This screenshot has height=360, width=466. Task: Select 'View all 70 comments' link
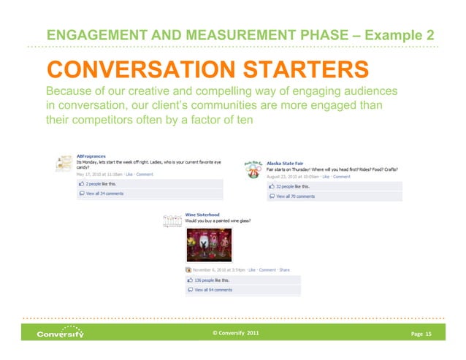[295, 196]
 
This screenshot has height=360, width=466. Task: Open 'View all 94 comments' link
[213, 290]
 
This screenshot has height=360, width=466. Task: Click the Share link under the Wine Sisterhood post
[284, 270]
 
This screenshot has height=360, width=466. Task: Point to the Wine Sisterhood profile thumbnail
[172, 219]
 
